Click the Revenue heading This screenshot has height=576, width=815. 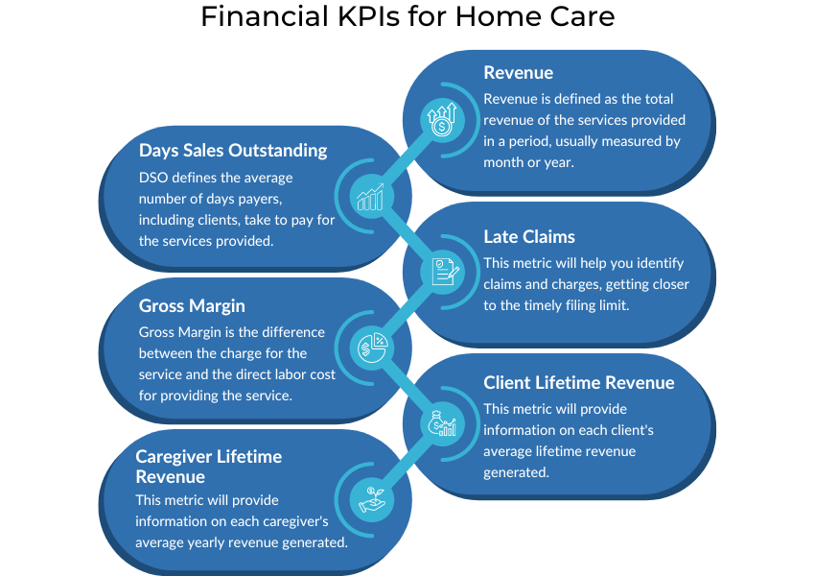coord(518,73)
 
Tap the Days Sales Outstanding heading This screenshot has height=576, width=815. coord(233,151)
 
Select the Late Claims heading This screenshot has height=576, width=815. coord(529,237)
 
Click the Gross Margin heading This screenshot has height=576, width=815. coord(192,306)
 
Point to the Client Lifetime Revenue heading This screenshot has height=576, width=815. coord(578,383)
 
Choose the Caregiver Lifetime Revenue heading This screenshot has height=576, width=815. coord(208,467)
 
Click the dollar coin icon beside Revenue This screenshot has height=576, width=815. coord(442,120)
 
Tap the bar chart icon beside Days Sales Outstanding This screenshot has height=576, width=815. coord(369,197)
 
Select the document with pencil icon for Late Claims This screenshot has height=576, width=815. coord(443,271)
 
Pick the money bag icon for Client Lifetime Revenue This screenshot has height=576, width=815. coord(443,421)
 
